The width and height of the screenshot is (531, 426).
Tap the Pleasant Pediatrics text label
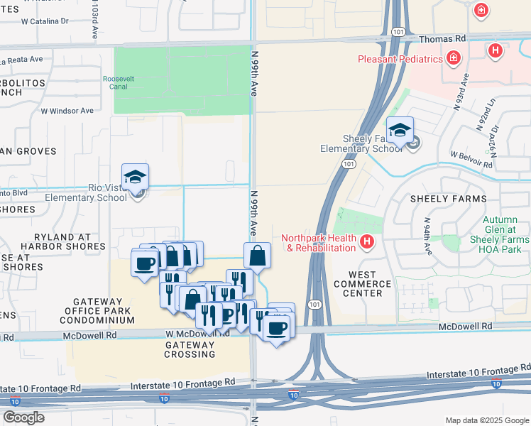pyautogui.click(x=401, y=60)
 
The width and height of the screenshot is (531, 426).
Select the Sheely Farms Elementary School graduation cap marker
pyautogui.click(x=400, y=131)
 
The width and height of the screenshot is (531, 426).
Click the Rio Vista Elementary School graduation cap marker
pyautogui.click(x=135, y=177)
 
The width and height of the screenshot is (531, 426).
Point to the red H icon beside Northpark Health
pyautogui.click(x=366, y=243)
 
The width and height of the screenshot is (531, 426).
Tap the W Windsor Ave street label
pyautogui.click(x=67, y=111)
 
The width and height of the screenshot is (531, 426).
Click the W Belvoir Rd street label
pyautogui.click(x=471, y=158)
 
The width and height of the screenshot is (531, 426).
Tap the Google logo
pyautogui.click(x=24, y=417)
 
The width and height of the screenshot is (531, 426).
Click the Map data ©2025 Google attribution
pyautogui.click(x=486, y=420)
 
